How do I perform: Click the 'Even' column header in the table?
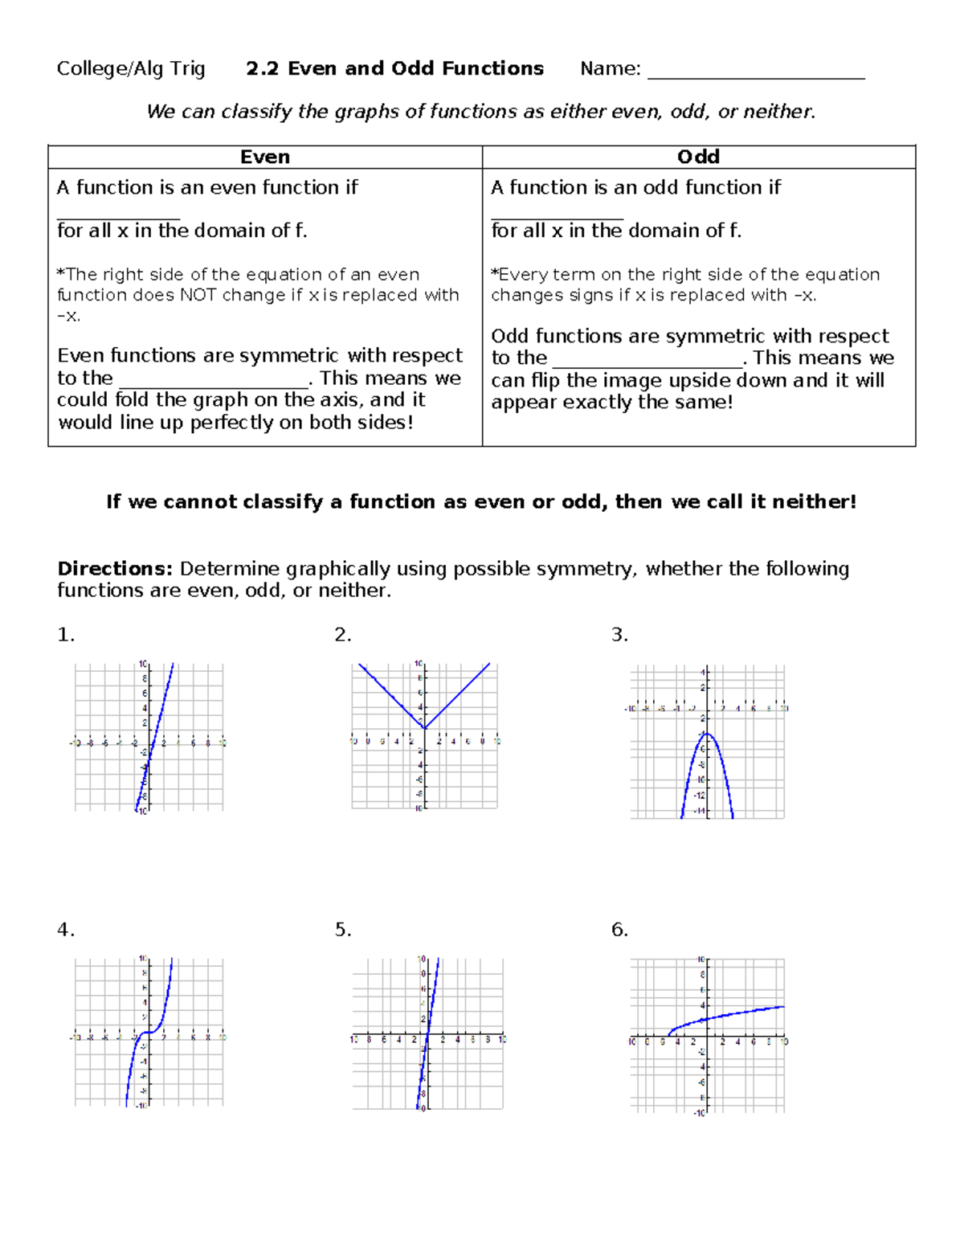(265, 158)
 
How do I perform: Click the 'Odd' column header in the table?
(698, 158)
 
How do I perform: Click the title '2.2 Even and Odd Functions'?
(394, 69)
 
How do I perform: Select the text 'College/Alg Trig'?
(131, 69)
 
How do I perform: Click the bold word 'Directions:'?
(115, 569)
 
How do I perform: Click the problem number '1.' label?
(66, 635)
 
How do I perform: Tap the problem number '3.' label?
(619, 635)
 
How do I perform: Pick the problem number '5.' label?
(343, 930)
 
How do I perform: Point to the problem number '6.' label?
(619, 930)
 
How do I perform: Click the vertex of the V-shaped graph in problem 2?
(424, 728)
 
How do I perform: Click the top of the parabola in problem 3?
(707, 734)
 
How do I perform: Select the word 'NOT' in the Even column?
(198, 295)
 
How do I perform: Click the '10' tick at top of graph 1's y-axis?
(142, 664)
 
